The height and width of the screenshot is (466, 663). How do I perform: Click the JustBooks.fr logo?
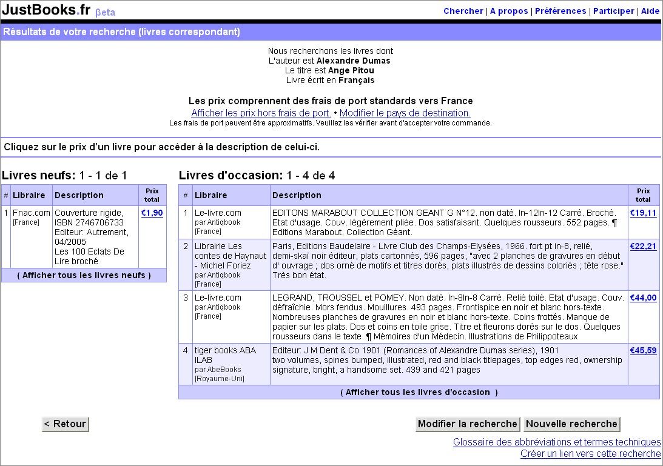click(x=46, y=10)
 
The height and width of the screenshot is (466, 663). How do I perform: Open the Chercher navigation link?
click(x=463, y=11)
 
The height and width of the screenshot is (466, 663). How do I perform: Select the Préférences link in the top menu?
click(x=560, y=11)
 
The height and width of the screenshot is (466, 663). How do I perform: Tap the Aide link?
click(x=650, y=11)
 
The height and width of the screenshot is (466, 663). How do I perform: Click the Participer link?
click(x=613, y=11)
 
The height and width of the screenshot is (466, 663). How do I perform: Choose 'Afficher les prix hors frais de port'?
click(x=261, y=113)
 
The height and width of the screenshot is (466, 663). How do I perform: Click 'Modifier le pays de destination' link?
click(x=405, y=113)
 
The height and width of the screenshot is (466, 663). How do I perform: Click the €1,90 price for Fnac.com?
click(x=152, y=213)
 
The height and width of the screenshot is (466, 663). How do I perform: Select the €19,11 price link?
click(x=643, y=213)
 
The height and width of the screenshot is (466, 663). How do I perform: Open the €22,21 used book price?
click(x=643, y=247)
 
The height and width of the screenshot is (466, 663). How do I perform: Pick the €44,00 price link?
click(x=643, y=298)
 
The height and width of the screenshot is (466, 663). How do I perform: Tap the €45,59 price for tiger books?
click(x=643, y=351)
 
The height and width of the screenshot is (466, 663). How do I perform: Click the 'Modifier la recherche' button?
click(x=467, y=424)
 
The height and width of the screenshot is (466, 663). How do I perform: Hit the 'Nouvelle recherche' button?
click(x=571, y=424)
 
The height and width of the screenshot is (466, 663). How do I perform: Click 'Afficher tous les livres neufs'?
click(x=84, y=275)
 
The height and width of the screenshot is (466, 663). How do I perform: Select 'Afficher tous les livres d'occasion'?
click(x=419, y=392)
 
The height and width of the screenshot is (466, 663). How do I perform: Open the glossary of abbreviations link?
click(x=556, y=442)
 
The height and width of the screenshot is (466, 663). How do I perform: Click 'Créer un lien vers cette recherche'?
click(x=590, y=454)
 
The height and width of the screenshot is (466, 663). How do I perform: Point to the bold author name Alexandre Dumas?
click(x=353, y=61)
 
